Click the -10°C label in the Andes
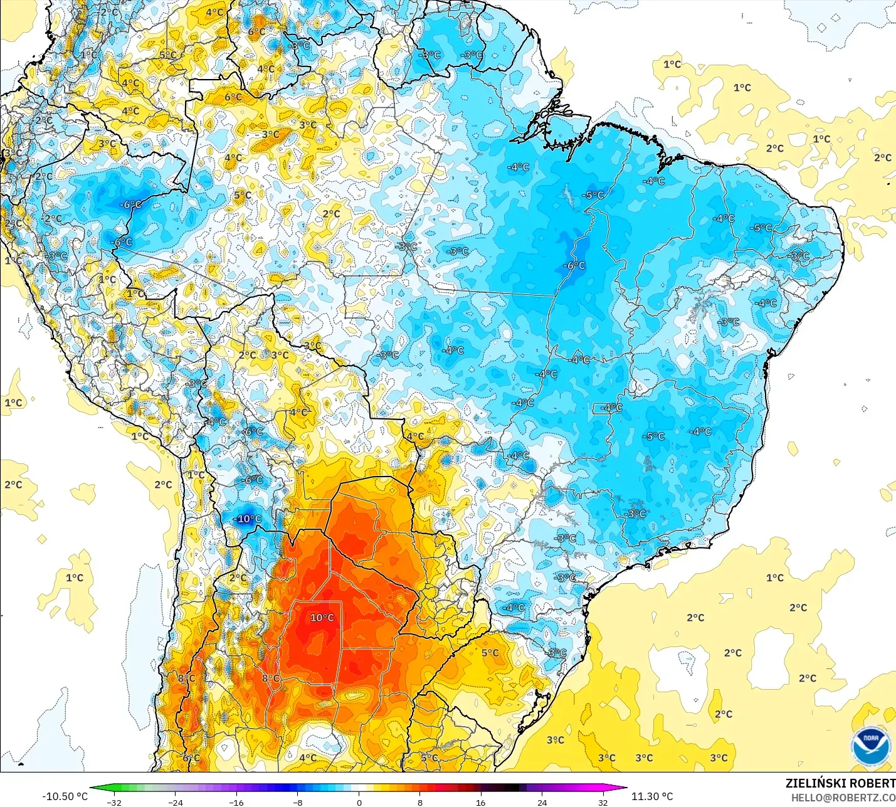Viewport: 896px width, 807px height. [248, 519]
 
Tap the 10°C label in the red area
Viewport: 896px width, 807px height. [322, 618]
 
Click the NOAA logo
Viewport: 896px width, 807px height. [871, 746]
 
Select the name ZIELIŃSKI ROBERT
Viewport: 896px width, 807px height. [840, 783]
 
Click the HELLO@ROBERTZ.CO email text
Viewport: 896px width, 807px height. [843, 798]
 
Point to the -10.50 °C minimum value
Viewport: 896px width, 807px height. [65, 796]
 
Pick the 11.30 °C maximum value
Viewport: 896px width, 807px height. [652, 796]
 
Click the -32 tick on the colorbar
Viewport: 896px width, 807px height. [114, 802]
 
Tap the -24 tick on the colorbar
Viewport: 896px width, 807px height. [176, 802]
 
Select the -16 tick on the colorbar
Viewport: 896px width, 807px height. [236, 802]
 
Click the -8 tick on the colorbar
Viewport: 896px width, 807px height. [298, 802]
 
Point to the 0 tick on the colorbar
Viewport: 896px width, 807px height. [359, 802]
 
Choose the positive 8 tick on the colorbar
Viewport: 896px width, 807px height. [420, 802]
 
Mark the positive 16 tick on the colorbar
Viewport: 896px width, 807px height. [481, 802]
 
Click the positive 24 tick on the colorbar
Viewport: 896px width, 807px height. [542, 802]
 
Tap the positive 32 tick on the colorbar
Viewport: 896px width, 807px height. [603, 802]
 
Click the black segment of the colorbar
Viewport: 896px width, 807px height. [511, 788]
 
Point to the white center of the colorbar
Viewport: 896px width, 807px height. [359, 788]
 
